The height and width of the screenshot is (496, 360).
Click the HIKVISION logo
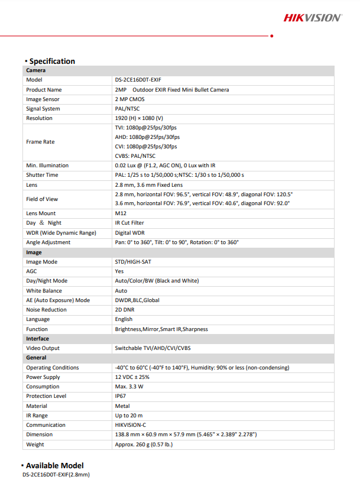pos(312,18)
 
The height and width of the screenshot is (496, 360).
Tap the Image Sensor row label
pos(43,99)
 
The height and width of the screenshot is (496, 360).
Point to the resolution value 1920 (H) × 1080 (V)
pos(139,118)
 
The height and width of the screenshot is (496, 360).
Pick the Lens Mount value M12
pos(121,213)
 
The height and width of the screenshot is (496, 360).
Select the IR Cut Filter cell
pos(129,223)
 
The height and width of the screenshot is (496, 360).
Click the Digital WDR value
pos(129,232)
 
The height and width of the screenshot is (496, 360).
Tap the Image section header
pos(34,252)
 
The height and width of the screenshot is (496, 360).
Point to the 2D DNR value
pos(125,310)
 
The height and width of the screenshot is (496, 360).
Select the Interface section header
pos(37,339)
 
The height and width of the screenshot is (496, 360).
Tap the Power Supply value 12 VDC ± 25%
pos(132,377)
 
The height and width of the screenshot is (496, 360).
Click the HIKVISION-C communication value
pos(130,425)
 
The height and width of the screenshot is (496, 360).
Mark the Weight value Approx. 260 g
pos(144,444)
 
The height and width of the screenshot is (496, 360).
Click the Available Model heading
pos(54,465)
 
